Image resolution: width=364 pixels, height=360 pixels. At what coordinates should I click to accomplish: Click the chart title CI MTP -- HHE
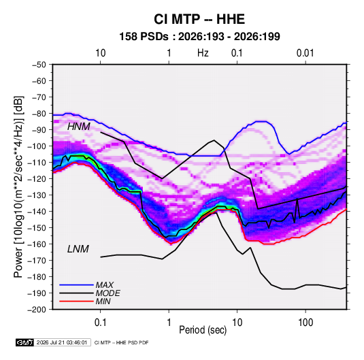coord(199,19)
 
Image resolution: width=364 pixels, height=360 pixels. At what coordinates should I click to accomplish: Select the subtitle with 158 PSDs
coord(199,37)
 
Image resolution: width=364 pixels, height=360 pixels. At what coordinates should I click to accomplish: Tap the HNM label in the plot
coord(79,127)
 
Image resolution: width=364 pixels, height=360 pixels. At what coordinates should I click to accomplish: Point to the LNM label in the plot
coord(78,249)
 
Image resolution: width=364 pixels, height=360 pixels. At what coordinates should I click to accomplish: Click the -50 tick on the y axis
coord(39,65)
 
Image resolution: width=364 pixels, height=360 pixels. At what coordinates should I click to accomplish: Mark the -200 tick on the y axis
coord(37,310)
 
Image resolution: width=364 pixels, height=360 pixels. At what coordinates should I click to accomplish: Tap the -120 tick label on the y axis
coord(37,179)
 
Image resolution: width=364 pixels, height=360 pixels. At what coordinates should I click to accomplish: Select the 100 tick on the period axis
coord(305,322)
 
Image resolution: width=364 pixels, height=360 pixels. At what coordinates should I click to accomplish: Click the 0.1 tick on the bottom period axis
coord(100,322)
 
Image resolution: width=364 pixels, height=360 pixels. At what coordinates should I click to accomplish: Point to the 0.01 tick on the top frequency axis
coord(305,53)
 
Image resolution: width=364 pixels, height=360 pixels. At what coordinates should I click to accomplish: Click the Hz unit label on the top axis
coord(203,53)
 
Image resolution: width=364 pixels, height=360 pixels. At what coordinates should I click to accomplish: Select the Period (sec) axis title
coord(203,330)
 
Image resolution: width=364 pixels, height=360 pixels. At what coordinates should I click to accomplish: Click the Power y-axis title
coord(18,187)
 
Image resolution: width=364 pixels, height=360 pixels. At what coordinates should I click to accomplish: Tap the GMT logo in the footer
coord(24,342)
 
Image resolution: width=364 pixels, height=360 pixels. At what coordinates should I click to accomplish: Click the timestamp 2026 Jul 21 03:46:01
coord(62,342)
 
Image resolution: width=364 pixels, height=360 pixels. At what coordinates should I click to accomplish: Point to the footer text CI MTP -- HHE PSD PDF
coord(121,342)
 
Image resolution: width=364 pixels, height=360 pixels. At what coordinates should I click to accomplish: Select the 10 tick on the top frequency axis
coord(100,53)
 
